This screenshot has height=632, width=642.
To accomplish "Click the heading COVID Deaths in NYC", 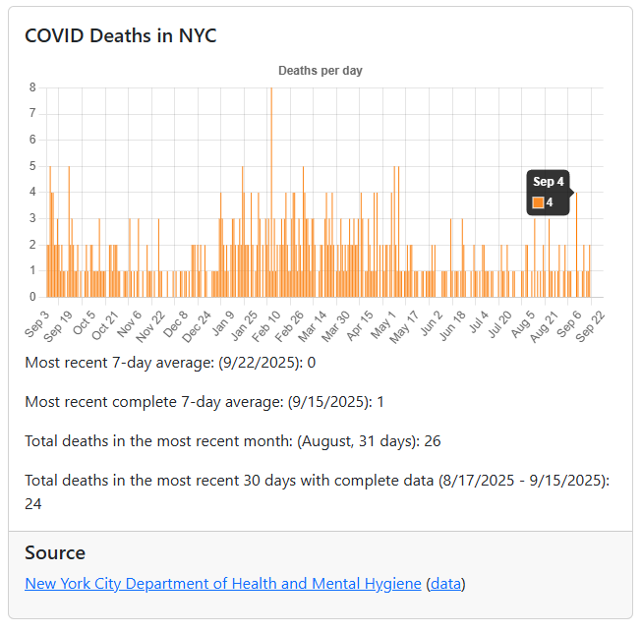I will pyautogui.click(x=120, y=35).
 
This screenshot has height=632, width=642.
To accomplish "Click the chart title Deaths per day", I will pyautogui.click(x=321, y=71).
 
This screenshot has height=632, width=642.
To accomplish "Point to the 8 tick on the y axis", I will pyautogui.click(x=32, y=87).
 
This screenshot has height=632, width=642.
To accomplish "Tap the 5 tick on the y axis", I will pyautogui.click(x=32, y=166).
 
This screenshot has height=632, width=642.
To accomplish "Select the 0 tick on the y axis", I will pyautogui.click(x=32, y=297).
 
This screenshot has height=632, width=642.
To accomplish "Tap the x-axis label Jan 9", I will pyautogui.click(x=223, y=321).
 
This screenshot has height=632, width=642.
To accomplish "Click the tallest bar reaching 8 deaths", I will pyautogui.click(x=271, y=192).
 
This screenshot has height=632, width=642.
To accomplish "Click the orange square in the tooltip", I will pyautogui.click(x=538, y=202).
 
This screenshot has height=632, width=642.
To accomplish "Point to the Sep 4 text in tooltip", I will pyautogui.click(x=549, y=182).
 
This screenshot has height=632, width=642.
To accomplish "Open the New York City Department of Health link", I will pyautogui.click(x=222, y=584).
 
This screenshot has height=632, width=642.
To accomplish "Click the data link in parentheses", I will pyautogui.click(x=445, y=584).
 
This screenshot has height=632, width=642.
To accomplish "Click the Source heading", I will pyautogui.click(x=55, y=552).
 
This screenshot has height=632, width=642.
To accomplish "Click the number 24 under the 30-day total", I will pyautogui.click(x=33, y=504).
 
